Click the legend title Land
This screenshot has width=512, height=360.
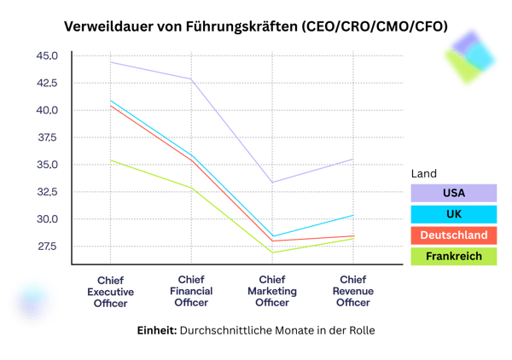coord(424,173)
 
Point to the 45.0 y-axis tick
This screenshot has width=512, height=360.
coord(47,56)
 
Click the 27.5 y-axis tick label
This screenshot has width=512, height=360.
coord(47,247)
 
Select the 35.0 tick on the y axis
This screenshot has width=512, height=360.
coord(47,165)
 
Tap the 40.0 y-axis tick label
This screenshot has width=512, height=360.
coord(47,111)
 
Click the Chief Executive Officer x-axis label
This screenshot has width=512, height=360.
coord(111,290)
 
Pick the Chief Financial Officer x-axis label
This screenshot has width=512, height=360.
coord(191,290)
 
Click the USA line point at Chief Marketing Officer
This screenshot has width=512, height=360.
coord(271,183)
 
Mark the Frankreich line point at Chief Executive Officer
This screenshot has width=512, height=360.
coord(111,160)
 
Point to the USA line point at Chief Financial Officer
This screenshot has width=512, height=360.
coord(191,79)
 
